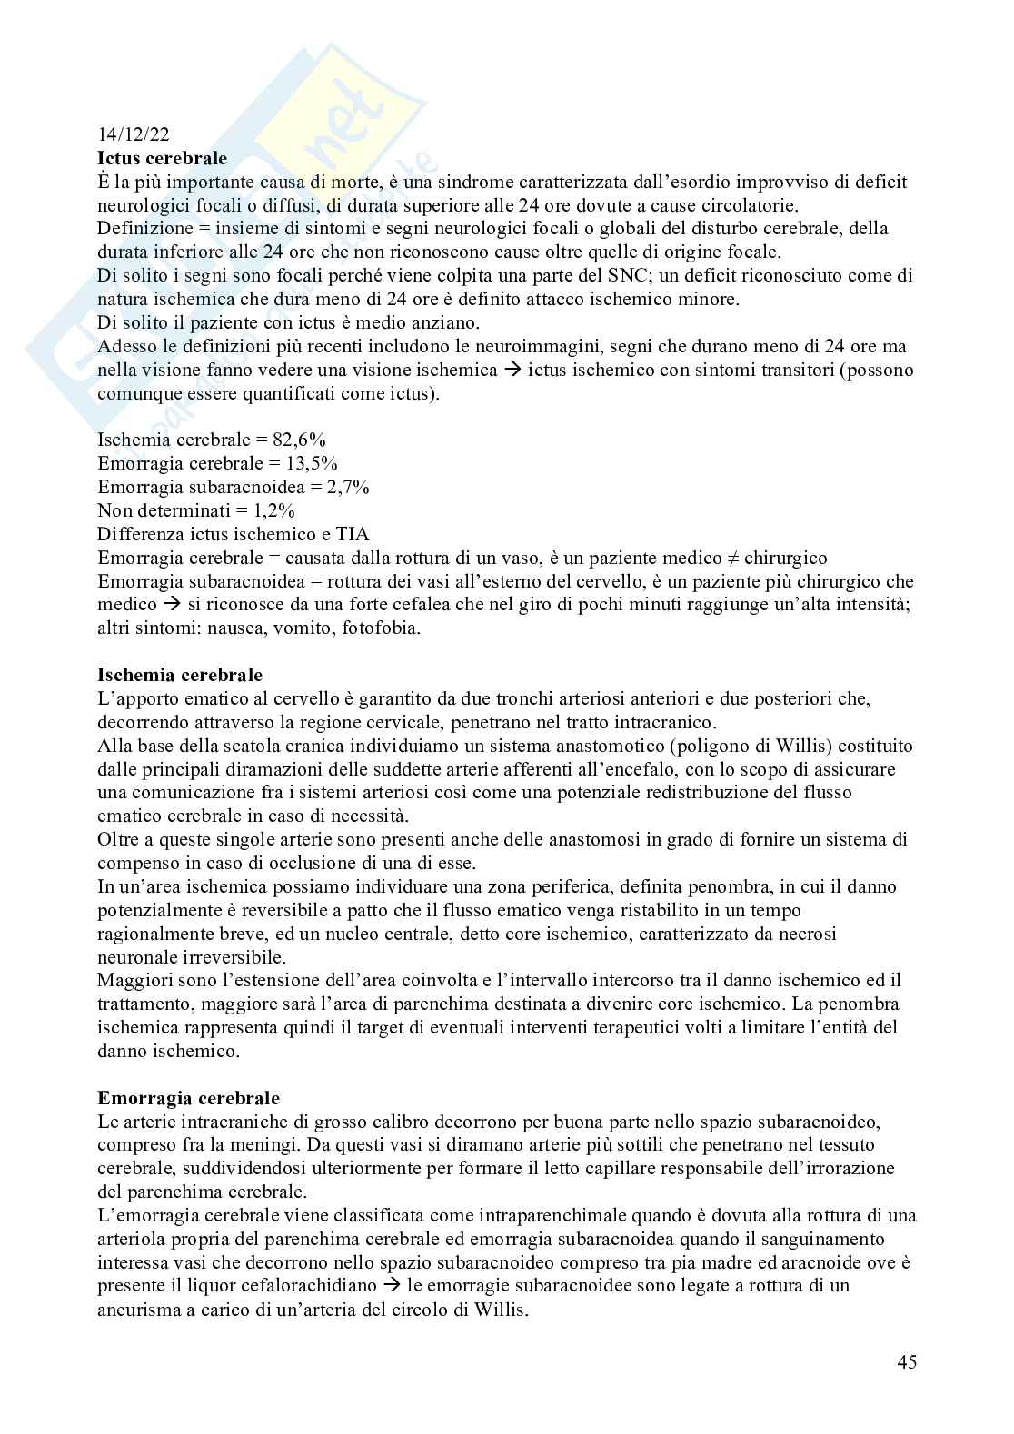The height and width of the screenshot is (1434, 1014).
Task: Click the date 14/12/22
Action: tap(133, 135)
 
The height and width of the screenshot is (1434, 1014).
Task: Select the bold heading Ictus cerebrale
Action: tap(162, 159)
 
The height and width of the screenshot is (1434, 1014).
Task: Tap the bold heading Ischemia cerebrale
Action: tap(180, 675)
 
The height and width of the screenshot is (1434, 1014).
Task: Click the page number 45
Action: tap(906, 1361)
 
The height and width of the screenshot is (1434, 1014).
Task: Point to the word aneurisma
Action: tap(138, 1310)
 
